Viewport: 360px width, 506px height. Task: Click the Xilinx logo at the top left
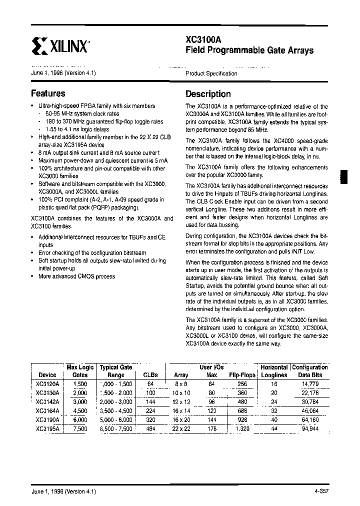tap(60, 47)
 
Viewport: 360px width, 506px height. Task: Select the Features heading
tap(48, 93)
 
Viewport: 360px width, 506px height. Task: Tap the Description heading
tap(208, 94)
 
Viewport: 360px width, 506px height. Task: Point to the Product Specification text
tap(211, 73)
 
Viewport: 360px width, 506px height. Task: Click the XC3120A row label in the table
tap(47, 383)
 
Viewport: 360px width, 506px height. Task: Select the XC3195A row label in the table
tap(47, 428)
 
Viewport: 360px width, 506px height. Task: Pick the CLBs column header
tap(150, 375)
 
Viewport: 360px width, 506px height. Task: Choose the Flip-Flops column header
tap(242, 375)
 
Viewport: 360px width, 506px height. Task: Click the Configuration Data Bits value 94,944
tap(310, 428)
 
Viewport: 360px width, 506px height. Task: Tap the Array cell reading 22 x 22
tap(181, 428)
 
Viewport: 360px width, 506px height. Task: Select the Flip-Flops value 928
tap(243, 419)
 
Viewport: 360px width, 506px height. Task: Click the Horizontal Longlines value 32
tap(273, 410)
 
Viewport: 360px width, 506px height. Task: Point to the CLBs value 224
tap(150, 410)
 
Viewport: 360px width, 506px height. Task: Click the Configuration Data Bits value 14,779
tap(310, 383)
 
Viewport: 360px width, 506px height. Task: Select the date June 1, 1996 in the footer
tap(48, 492)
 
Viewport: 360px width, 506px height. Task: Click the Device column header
tap(47, 375)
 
